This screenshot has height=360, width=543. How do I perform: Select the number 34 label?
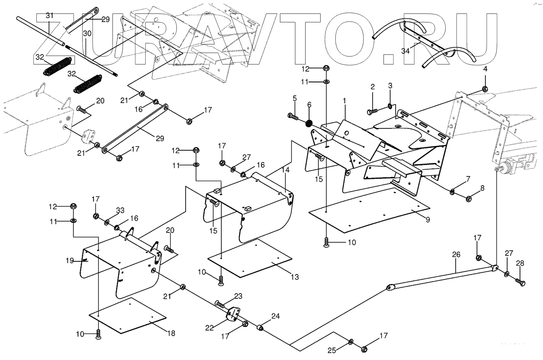(405, 51)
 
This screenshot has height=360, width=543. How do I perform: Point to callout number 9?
(427, 220)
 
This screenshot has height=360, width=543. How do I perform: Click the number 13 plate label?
(295, 277)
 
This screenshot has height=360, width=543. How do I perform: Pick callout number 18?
(170, 333)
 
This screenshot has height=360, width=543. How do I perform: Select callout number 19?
(70, 261)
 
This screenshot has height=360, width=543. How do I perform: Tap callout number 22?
(209, 328)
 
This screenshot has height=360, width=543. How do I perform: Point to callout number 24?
(275, 317)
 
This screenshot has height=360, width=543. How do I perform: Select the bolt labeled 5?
(293, 117)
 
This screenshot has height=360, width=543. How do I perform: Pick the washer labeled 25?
(351, 341)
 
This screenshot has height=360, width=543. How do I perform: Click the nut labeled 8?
(469, 199)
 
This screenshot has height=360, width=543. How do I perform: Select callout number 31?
(50, 16)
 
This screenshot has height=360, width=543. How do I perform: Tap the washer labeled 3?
(389, 107)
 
